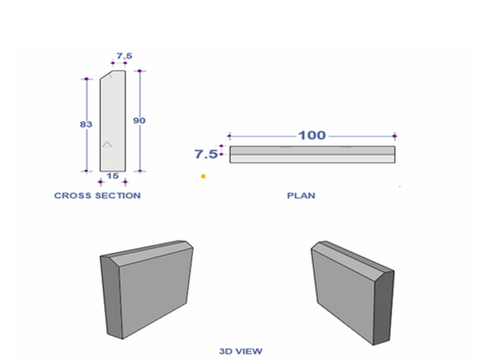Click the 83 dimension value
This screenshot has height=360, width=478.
coord(86,124)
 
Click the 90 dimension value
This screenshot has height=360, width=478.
coord(139,121)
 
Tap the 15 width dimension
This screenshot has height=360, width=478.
coord(112,176)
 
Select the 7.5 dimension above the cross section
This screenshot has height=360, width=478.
coord(124,56)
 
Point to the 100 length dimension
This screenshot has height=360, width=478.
coord(312,135)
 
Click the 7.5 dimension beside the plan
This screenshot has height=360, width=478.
coord(205,154)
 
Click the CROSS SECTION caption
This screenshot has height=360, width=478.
coord(97,195)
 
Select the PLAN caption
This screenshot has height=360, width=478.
coord(301,195)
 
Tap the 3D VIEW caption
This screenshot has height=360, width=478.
coord(241,352)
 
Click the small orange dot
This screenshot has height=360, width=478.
coord(203,176)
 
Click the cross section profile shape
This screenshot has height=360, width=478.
coord(112,124)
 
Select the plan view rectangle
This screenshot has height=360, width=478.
coord(312,154)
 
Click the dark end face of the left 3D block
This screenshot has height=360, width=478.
coord(111,297)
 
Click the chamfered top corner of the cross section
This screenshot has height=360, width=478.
coord(105,76)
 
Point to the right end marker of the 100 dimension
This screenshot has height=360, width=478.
coord(395,136)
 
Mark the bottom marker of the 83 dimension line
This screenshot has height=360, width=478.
coord(86,171)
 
